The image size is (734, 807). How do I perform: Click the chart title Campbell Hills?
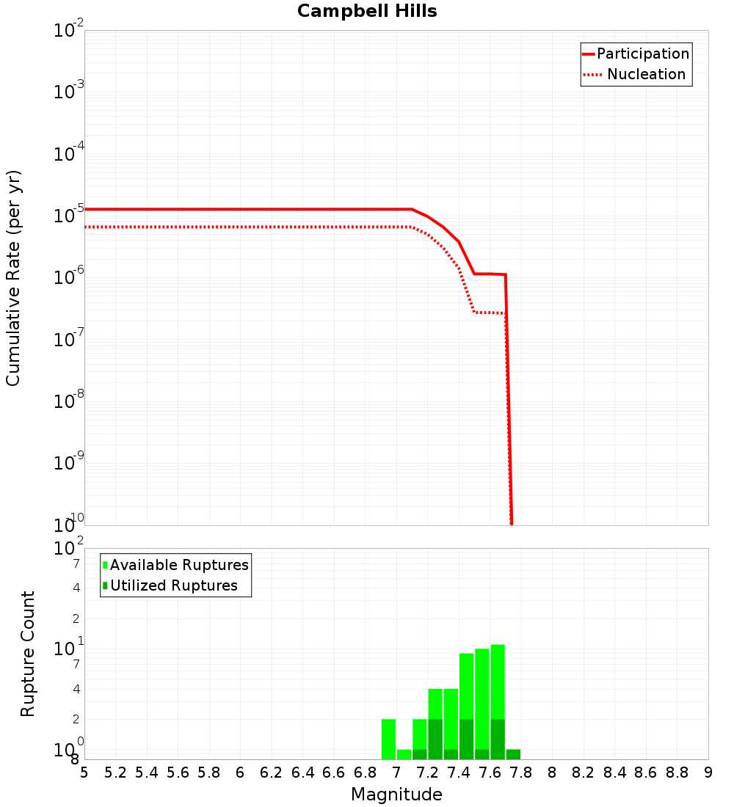(367, 11)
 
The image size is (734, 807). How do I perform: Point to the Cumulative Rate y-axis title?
(13, 278)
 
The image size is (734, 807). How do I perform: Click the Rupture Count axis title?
(28, 654)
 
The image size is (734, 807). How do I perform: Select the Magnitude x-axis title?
(396, 795)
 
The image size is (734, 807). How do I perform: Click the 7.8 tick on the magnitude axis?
(521, 773)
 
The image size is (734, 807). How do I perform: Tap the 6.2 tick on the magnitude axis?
(272, 773)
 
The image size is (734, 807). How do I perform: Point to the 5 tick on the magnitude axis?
(84, 773)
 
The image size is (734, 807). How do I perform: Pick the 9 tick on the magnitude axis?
(708, 773)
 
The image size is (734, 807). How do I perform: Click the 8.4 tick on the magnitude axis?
(615, 773)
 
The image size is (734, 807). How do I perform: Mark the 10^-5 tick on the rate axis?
(70, 216)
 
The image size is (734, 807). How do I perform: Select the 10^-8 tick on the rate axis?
(70, 401)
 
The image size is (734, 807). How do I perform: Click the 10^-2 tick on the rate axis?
(70, 31)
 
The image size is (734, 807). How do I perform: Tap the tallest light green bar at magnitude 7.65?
(498, 682)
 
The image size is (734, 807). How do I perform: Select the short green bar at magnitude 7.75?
(513, 754)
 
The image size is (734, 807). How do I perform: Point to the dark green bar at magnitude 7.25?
(435, 739)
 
